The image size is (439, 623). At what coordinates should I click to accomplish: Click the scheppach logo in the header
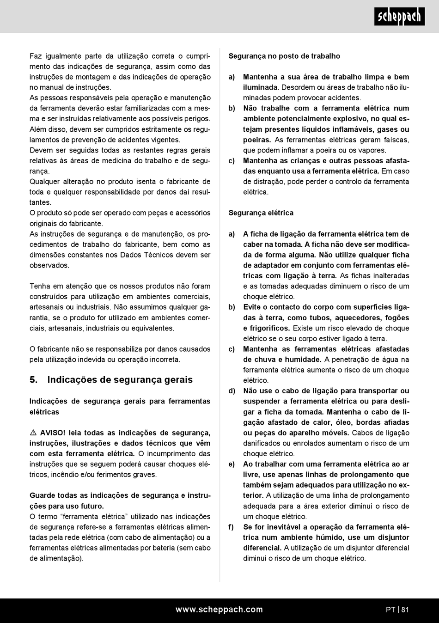point(399,17)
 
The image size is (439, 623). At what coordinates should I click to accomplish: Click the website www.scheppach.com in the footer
point(219,610)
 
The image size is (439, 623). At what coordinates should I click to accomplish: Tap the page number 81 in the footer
point(405,610)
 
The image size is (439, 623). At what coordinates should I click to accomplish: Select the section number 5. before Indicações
point(33,380)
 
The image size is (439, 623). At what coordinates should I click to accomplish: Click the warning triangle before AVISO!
point(33,433)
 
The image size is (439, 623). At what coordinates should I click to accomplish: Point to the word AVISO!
point(53,433)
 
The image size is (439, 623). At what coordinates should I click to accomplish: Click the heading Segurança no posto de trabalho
point(284,56)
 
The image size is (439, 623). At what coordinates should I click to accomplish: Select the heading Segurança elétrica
point(261,213)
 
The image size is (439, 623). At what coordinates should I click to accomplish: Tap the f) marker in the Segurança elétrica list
point(231,527)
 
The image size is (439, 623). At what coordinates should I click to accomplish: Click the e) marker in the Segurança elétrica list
point(232,464)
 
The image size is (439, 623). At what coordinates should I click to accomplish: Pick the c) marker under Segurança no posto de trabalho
point(232,161)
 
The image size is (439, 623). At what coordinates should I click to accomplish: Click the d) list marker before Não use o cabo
point(232,391)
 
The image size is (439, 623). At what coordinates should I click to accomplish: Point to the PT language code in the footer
point(390,610)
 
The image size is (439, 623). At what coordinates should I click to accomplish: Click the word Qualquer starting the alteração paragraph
point(44,182)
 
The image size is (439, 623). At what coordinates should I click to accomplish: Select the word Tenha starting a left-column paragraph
point(40,286)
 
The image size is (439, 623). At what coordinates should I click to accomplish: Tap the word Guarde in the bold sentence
point(42,495)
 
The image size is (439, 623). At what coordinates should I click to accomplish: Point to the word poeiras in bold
point(256,140)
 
